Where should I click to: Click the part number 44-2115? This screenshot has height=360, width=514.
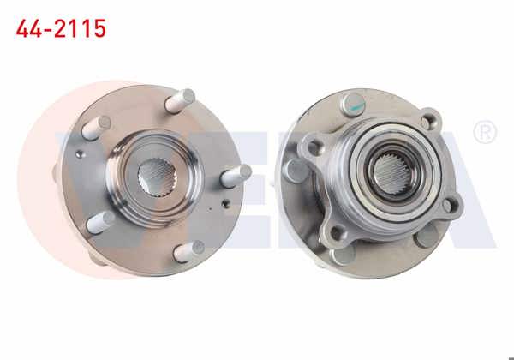coord(61,29)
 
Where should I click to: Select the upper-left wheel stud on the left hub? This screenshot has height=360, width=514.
coord(95,128)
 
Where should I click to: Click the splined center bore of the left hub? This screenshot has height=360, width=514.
coord(158,178)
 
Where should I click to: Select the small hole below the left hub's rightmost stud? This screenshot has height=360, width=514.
coord(224,205)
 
